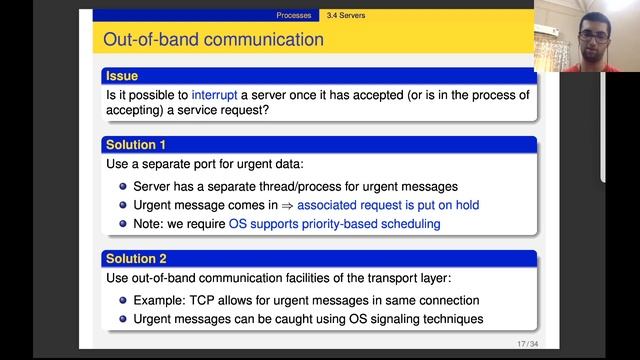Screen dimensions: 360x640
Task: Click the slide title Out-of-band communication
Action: coord(214,40)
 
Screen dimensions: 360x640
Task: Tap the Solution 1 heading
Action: coord(136,145)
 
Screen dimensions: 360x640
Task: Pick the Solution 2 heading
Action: coord(136,258)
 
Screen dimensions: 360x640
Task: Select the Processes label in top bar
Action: coord(295,16)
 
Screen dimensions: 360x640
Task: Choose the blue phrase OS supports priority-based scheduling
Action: coord(334,224)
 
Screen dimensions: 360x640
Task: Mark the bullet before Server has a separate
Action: coord(124,187)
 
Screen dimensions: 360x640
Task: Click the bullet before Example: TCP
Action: coord(124,301)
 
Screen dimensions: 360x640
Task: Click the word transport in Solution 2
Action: coord(430,276)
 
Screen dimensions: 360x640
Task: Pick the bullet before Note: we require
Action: coord(124,224)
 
